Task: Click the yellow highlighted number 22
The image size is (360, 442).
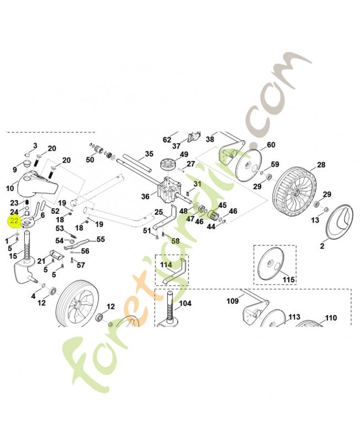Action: [14, 221]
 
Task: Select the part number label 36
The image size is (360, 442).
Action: [145, 196]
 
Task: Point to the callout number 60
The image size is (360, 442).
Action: [271, 145]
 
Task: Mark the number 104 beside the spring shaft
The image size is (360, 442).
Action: [185, 303]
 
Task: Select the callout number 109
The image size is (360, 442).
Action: [232, 301]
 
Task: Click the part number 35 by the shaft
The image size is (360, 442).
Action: [149, 154]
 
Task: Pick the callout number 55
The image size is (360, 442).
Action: [100, 239]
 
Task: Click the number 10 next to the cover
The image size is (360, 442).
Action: [10, 188]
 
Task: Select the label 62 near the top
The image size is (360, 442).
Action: [167, 140]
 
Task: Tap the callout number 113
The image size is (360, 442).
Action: [294, 317]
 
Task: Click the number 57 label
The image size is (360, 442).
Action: [81, 265]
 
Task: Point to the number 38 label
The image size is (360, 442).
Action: [210, 139]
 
